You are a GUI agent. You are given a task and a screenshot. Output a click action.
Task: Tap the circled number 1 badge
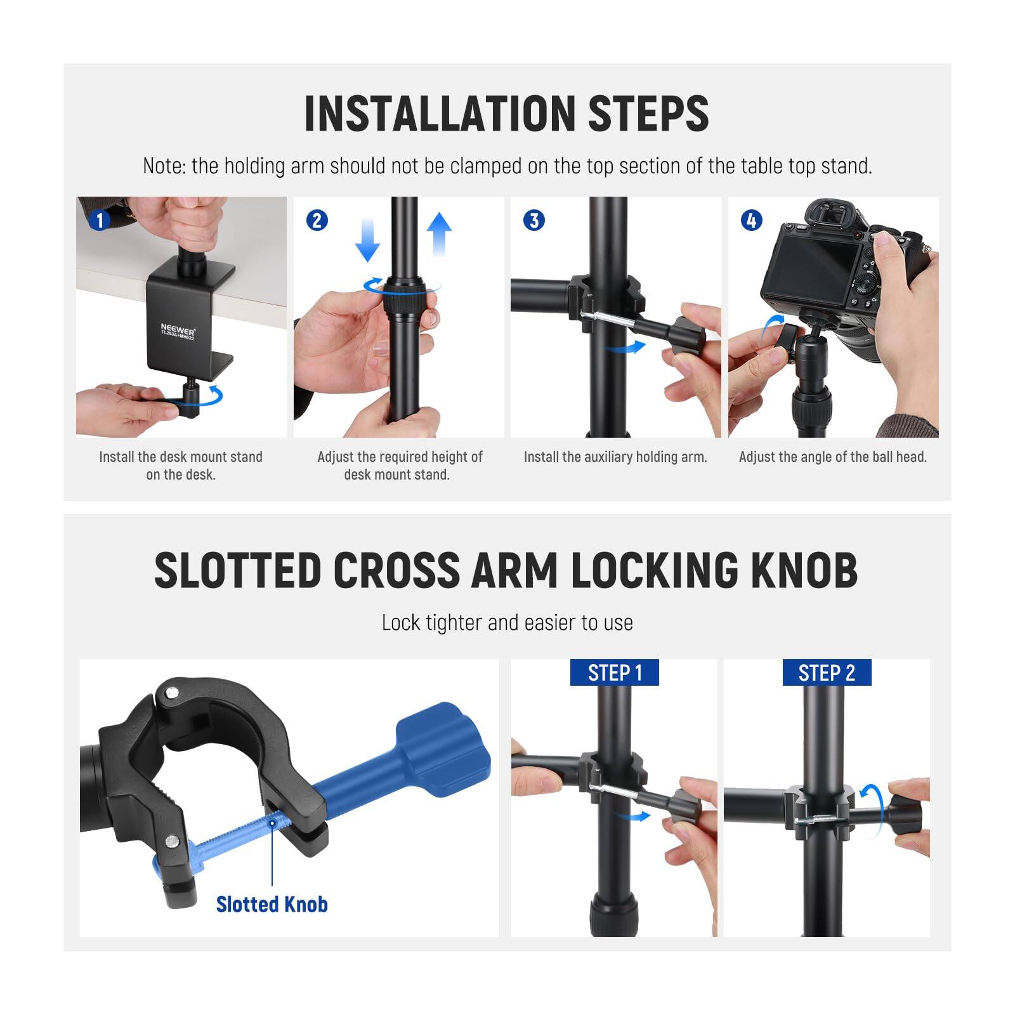(99, 220)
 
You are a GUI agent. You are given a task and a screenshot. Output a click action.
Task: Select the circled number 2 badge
(317, 220)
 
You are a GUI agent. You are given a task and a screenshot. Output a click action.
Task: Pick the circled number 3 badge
(534, 220)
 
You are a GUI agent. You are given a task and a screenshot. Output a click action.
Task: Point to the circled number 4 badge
(752, 220)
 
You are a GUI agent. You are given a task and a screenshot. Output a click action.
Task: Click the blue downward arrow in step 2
(367, 239)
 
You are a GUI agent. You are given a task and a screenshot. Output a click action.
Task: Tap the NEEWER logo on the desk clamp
(178, 331)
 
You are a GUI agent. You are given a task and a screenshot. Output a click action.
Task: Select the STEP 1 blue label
(615, 672)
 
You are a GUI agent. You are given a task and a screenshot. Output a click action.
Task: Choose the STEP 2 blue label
(827, 672)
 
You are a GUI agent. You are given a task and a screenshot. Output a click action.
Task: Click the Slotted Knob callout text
(272, 904)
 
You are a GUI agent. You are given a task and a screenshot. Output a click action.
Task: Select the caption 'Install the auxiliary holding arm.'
(615, 457)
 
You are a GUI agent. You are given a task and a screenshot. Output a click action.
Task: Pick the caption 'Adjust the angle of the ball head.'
(832, 457)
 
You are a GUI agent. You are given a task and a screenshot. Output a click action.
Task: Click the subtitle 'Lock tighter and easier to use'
(507, 623)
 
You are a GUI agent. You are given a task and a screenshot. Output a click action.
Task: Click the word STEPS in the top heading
(648, 114)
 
